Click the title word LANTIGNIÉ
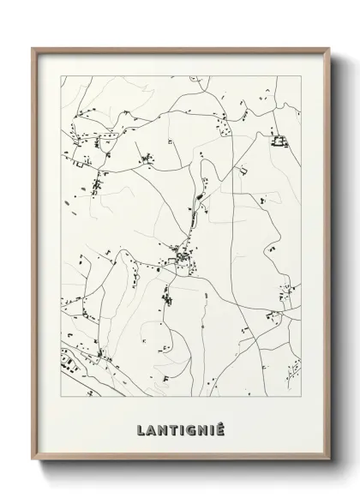click(x=179, y=427)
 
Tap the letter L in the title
click(x=141, y=427)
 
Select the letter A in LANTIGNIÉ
click(x=151, y=427)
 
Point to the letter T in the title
click(x=171, y=427)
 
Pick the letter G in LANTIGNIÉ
click(x=189, y=427)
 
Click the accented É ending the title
click(x=218, y=426)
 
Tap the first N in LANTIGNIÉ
click(x=161, y=427)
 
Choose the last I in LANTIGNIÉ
click(x=209, y=427)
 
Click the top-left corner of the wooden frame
click(x=33, y=47)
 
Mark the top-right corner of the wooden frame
click(x=327, y=47)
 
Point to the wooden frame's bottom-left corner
click(x=33, y=468)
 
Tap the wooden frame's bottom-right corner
click(x=327, y=468)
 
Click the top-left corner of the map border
click(x=61, y=75)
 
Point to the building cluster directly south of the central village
click(x=169, y=300)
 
